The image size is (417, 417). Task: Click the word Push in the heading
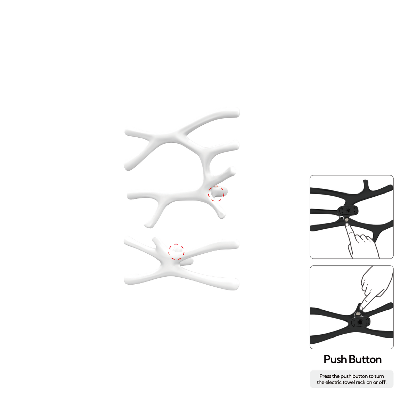coord(336,360)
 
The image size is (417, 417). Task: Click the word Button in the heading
coord(365,359)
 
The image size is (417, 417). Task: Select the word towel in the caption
coord(349,382)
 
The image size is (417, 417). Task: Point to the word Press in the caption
coord(325,376)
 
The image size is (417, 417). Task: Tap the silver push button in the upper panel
coord(347,220)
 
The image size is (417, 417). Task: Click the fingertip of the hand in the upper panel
coord(347,224)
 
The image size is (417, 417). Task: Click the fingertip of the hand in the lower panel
coord(361,308)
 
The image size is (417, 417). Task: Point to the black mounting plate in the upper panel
coord(348,210)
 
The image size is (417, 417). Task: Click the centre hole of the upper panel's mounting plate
coord(348,210)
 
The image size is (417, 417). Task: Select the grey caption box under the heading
coord(352,379)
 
